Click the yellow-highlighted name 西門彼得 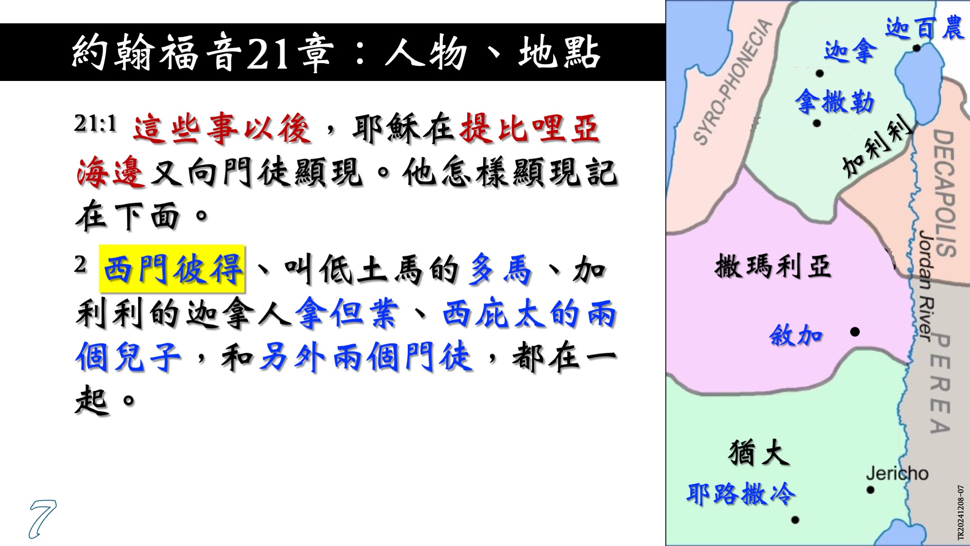point(172,269)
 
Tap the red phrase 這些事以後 point(222,128)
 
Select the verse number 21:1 point(96,123)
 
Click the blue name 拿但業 point(347,313)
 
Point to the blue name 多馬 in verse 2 point(501,269)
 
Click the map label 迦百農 point(924,28)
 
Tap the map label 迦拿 point(850,50)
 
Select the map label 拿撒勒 point(835,102)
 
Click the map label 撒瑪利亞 point(773,266)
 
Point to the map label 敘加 point(796,335)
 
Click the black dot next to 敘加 point(855,332)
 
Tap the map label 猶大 point(759,453)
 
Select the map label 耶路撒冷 point(741,494)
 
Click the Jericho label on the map point(897,473)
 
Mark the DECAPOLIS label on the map point(944,192)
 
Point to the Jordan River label point(924,286)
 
